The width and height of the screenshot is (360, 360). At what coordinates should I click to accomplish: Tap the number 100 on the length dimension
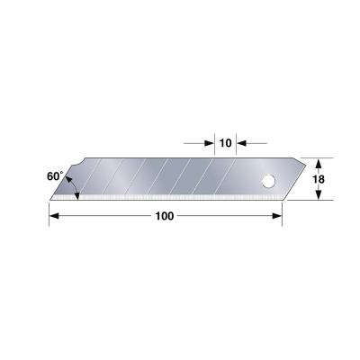point(164,216)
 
